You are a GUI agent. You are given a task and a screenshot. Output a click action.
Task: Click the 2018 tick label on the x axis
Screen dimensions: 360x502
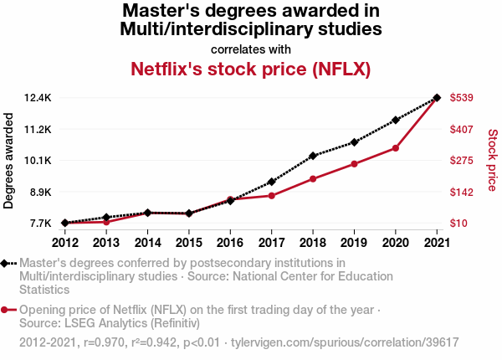(x=312, y=243)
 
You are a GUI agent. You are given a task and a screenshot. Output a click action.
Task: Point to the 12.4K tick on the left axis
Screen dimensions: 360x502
(x=38, y=98)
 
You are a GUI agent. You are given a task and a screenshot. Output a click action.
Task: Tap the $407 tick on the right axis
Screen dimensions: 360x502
(x=463, y=130)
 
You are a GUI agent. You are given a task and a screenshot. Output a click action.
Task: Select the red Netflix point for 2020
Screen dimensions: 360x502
(x=395, y=148)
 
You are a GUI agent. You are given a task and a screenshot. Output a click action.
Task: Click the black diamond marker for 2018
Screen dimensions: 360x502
(x=312, y=156)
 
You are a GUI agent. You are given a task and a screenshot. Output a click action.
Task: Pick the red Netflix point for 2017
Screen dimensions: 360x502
(x=271, y=196)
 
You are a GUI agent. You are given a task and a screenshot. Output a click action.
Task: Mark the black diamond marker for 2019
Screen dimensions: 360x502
(x=354, y=142)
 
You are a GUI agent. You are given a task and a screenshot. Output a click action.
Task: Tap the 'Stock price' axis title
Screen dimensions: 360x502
(x=492, y=160)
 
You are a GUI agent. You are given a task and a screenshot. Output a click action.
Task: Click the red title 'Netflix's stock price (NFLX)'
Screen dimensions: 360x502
(x=250, y=68)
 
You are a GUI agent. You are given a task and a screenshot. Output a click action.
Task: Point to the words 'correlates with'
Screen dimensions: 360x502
(x=250, y=49)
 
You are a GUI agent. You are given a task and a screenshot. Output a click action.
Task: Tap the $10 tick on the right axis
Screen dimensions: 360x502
(x=460, y=224)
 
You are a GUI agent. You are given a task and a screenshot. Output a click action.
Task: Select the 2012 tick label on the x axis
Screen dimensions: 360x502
(x=64, y=243)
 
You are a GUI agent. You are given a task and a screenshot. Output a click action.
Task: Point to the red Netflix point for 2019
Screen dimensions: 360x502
(x=354, y=164)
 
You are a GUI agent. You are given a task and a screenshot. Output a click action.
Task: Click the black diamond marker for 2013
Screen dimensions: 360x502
(x=106, y=218)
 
